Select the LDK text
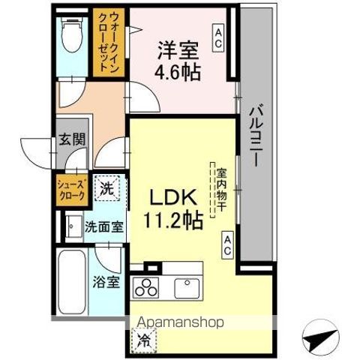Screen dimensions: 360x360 pos(177,199)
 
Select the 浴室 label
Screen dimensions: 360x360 pos(106,282)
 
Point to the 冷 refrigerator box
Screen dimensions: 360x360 pos(142,338)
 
